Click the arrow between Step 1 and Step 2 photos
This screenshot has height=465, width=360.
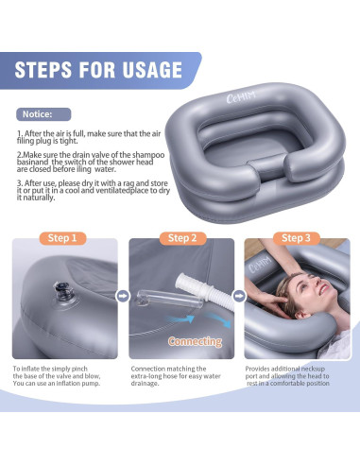click(122, 295)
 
